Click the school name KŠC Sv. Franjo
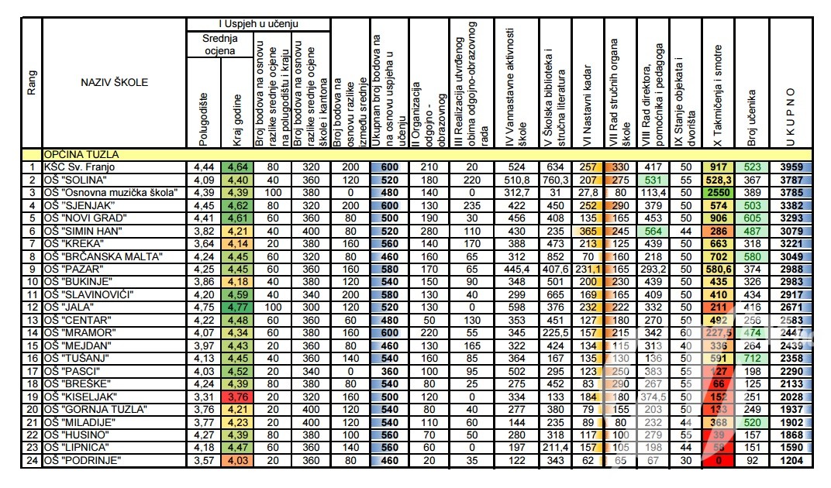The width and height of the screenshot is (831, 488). pyautogui.click(x=78, y=167)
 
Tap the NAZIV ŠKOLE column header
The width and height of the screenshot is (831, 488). pyautogui.click(x=114, y=83)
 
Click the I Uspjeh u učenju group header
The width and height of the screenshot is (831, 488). pyautogui.click(x=258, y=25)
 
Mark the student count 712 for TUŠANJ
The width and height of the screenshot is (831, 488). pyautogui.click(x=751, y=359)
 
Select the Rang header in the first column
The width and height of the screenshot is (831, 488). pyautogui.click(x=32, y=83)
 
